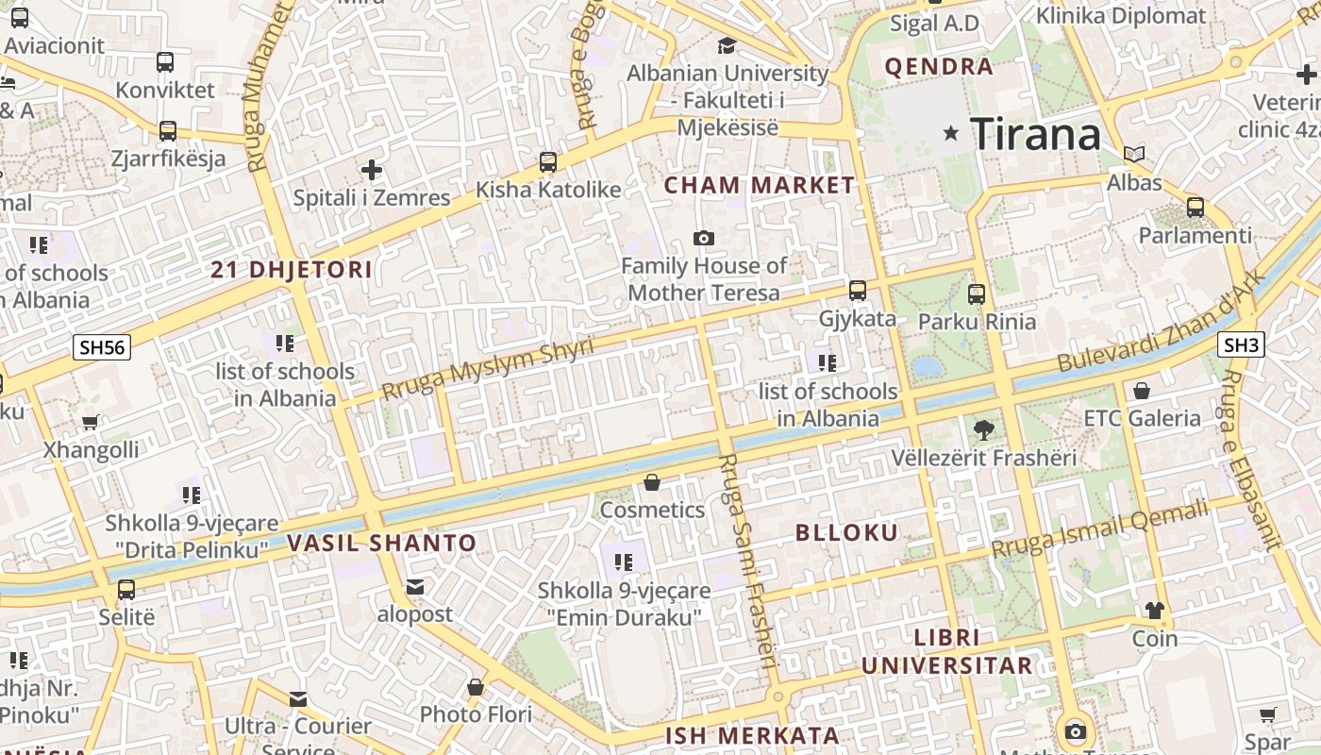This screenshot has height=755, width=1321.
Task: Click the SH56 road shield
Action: click(102, 347)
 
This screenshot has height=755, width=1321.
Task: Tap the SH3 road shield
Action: click(1241, 345)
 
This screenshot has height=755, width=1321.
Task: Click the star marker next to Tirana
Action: click(951, 135)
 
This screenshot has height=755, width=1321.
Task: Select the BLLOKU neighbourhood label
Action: click(846, 532)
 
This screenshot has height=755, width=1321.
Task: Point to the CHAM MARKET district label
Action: click(759, 186)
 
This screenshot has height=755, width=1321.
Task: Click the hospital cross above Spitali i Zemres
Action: click(372, 171)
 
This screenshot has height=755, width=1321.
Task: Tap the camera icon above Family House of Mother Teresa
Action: click(703, 238)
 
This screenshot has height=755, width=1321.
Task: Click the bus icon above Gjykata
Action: click(857, 291)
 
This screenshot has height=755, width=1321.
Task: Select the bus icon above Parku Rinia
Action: click(977, 294)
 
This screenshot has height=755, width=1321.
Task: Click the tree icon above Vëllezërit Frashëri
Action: click(983, 430)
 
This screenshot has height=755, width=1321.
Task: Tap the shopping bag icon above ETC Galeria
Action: click(1142, 390)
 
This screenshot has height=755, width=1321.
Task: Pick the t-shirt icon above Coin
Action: click(1155, 611)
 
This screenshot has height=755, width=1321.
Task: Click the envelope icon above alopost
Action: click(414, 587)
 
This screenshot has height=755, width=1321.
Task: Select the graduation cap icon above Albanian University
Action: click(727, 45)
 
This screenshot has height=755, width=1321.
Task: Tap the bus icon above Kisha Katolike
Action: click(548, 161)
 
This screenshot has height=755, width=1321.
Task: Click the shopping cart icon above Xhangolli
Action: click(91, 422)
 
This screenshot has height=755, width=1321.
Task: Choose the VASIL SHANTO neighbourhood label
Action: click(381, 544)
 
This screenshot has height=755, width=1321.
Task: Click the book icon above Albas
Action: click(1134, 154)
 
